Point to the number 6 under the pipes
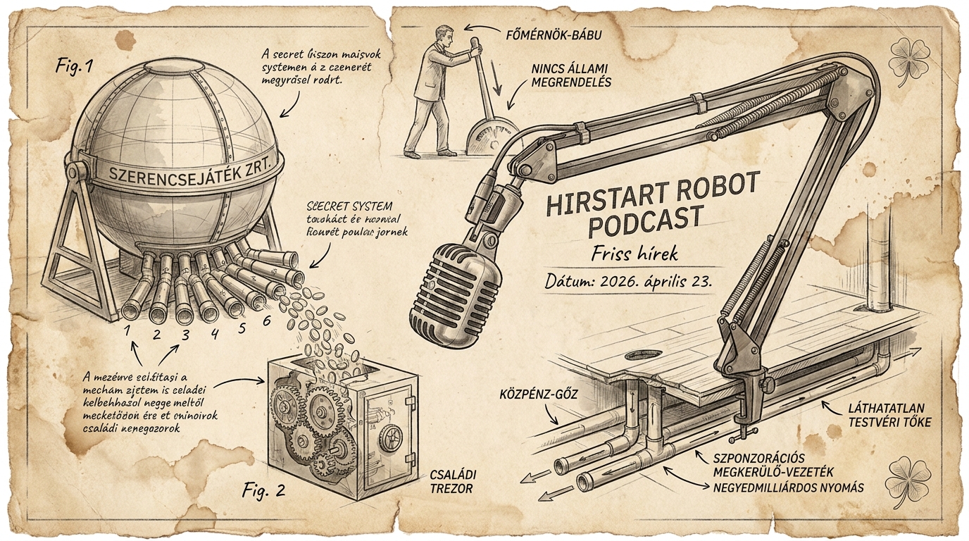click(x=265, y=321)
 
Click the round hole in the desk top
click(x=643, y=354)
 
